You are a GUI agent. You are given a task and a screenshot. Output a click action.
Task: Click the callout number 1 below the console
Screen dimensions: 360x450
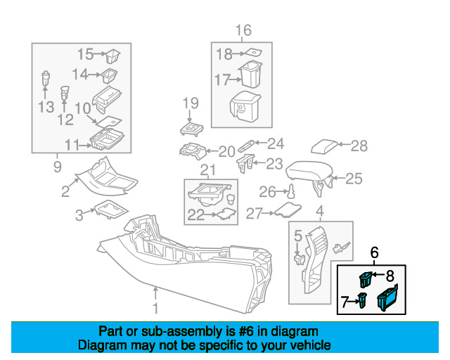[x=155, y=309]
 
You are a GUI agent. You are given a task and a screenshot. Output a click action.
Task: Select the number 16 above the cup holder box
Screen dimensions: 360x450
[x=243, y=30]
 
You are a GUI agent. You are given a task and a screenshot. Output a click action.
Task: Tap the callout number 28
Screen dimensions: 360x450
[x=359, y=146]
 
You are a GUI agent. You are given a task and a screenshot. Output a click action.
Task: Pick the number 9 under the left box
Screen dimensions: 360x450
[x=57, y=167]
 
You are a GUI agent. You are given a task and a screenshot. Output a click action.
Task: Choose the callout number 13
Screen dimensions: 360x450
[x=46, y=106]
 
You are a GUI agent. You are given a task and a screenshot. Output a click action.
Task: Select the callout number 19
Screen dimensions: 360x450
[x=191, y=104]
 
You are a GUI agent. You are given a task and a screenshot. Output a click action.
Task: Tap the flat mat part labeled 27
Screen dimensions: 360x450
[x=286, y=209]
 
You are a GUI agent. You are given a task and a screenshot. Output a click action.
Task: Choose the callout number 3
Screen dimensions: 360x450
[x=80, y=213]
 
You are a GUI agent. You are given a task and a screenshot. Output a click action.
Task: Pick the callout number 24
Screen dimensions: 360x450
[x=275, y=144]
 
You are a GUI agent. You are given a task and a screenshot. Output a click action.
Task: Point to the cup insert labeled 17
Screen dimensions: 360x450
[x=249, y=76]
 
